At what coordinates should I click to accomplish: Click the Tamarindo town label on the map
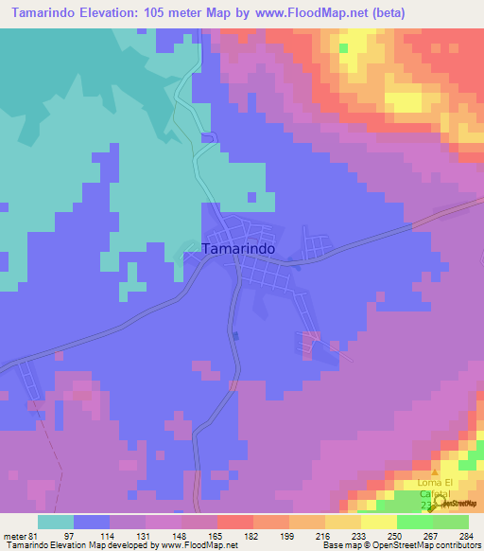coord(239,248)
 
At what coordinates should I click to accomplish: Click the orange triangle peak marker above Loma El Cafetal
coord(435,471)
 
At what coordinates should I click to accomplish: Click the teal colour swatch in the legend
coord(56,522)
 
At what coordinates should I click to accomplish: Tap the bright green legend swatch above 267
coord(415,522)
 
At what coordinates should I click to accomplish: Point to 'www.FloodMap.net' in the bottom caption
coord(199,544)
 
